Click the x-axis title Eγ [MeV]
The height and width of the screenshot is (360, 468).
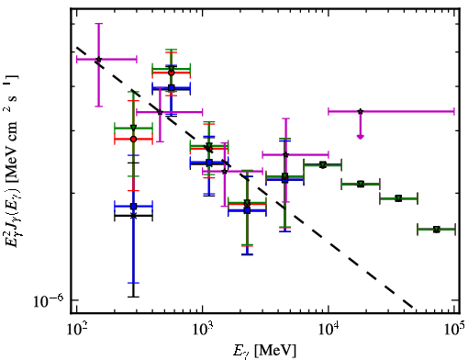[x=264, y=350]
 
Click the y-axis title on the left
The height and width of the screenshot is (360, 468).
[x=11, y=160]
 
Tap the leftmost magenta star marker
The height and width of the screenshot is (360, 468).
[x=98, y=60]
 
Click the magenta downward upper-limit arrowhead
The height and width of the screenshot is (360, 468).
[x=361, y=137]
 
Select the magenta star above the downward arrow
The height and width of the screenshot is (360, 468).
[x=361, y=111]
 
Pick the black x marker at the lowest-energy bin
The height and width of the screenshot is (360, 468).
[x=133, y=216]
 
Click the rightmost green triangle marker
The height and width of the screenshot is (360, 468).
[x=437, y=230]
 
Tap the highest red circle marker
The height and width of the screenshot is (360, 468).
[x=172, y=73]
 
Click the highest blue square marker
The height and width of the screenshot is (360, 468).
[x=172, y=88]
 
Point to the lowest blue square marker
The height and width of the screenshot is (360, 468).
[x=247, y=210]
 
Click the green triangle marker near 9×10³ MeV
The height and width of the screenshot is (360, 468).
[x=322, y=165]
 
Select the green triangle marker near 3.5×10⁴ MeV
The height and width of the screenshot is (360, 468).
[x=398, y=198]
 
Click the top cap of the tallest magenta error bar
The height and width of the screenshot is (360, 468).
[x=98, y=23]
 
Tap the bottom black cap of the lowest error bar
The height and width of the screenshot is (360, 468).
[x=133, y=297]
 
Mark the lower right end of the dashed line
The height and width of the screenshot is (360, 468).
[x=413, y=307]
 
